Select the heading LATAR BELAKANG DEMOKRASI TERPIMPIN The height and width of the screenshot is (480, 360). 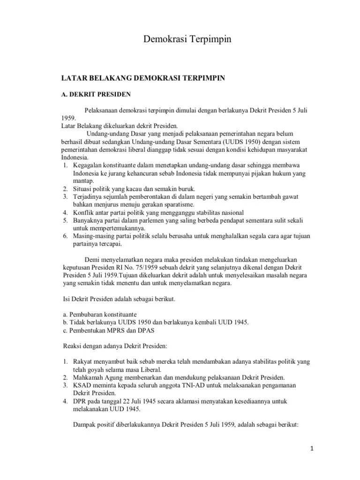coord(144,78)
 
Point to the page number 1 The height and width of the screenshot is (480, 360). coord(312,449)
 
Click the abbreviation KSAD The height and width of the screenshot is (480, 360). coord(82,385)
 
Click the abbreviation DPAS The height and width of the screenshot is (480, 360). coord(145,330)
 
